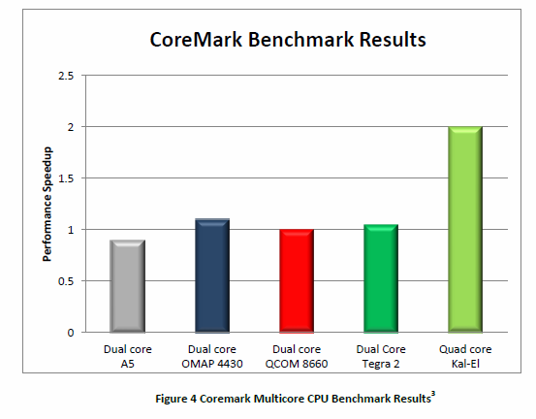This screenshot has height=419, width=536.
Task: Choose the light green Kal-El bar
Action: pos(464,230)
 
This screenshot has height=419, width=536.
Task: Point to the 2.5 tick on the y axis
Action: pos(67,76)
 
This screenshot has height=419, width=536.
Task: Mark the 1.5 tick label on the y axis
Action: pos(67,178)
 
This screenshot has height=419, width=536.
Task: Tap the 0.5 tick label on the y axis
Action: pos(67,281)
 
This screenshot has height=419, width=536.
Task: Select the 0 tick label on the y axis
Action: pos(71,333)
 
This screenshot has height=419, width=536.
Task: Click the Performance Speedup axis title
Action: pos(47,205)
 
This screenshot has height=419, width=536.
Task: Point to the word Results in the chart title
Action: pos(388,41)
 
